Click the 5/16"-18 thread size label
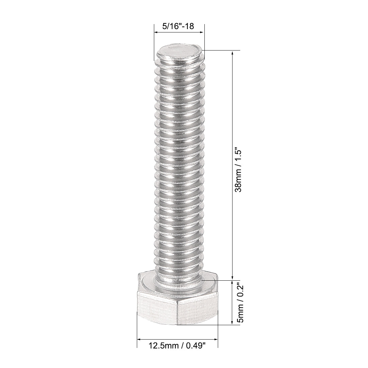point(178,26)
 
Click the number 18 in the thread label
point(190,26)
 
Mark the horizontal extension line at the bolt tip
point(221,51)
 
